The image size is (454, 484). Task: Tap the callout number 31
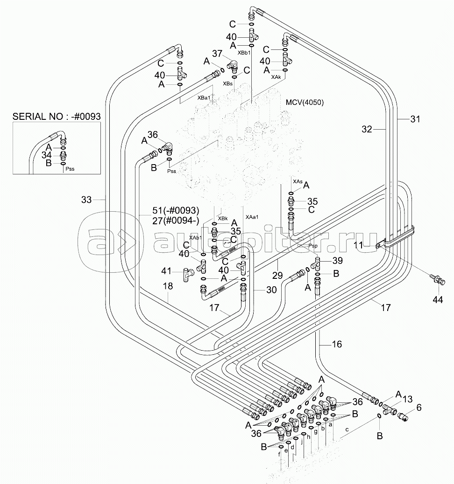(415, 119)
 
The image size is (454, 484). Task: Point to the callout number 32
(367, 129)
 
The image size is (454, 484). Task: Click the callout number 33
(86, 200)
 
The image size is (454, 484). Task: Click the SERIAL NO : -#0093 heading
(57, 117)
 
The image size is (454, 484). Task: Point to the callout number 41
(166, 270)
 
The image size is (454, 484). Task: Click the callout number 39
(338, 260)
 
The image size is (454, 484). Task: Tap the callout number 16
(336, 344)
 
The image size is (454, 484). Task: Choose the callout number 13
(407, 399)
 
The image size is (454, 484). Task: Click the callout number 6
(419, 407)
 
